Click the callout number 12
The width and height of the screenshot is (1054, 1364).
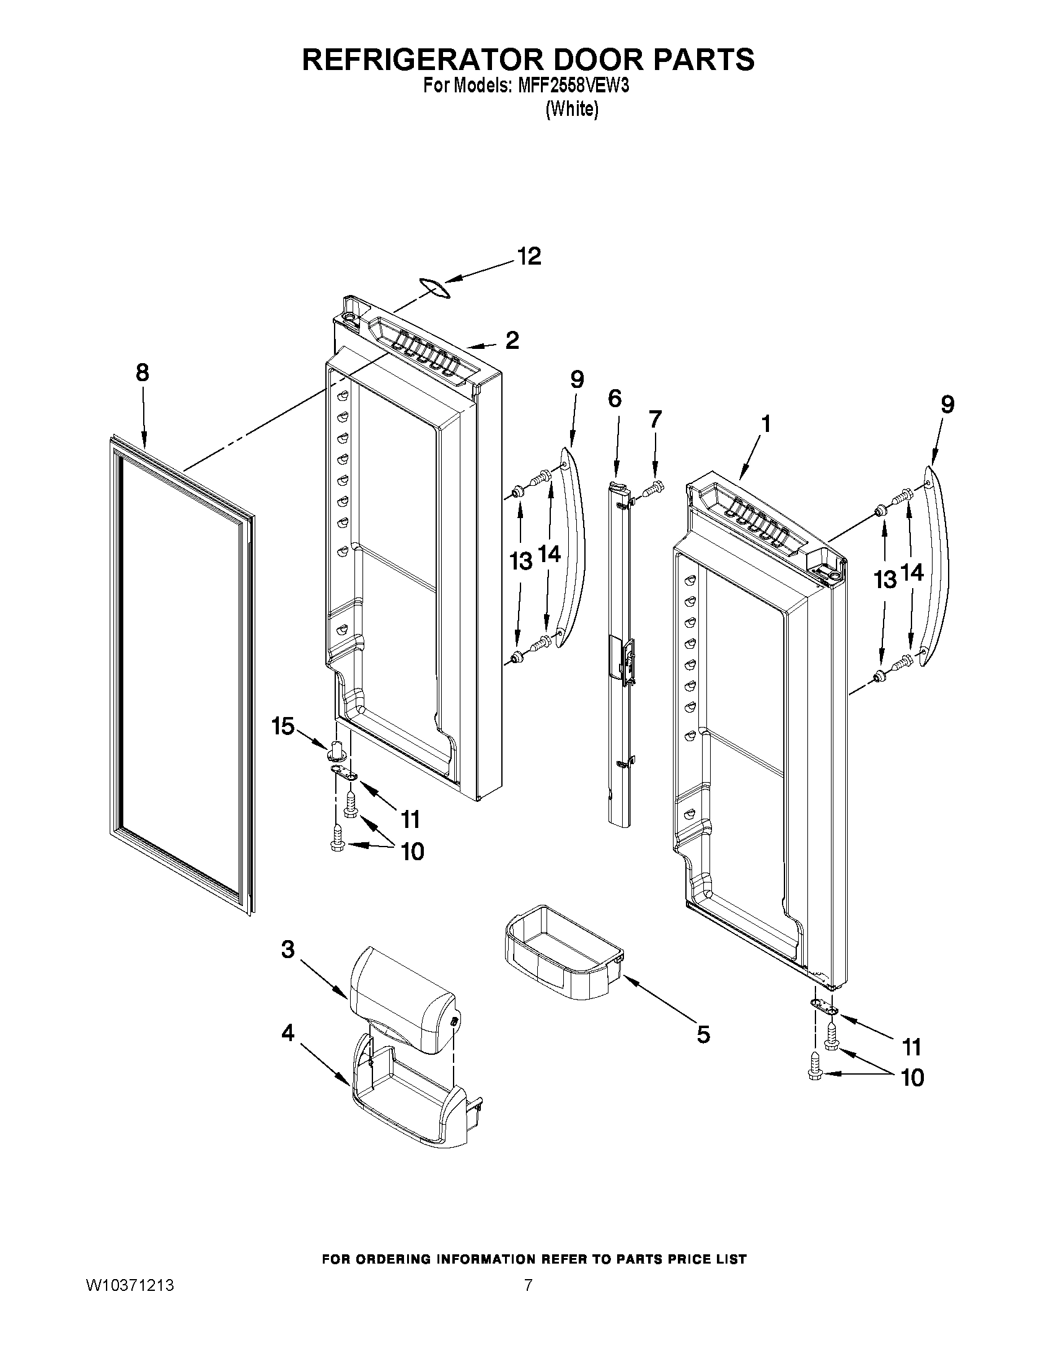(x=529, y=257)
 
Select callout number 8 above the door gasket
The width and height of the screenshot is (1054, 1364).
(x=143, y=373)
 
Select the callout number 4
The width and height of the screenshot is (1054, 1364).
(x=288, y=1033)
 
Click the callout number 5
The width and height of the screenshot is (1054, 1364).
(x=703, y=1035)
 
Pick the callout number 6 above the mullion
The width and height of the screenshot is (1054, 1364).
(x=615, y=398)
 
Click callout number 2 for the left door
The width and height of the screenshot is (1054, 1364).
(x=512, y=340)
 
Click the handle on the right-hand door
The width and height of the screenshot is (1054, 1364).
(x=935, y=568)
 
